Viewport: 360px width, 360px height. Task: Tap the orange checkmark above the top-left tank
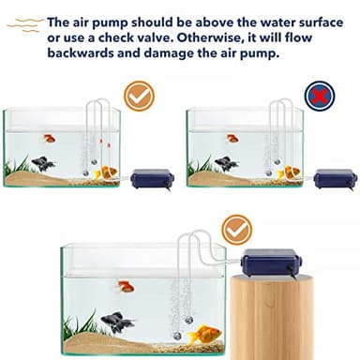pyautogui.click(x=140, y=95)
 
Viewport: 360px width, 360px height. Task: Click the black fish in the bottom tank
pyautogui.click(x=118, y=322)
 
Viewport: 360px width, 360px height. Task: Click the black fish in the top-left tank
pyautogui.click(x=41, y=163)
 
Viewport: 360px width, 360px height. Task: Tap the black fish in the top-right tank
pyautogui.click(x=225, y=163)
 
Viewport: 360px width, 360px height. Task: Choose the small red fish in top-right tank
pyautogui.click(x=232, y=139)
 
